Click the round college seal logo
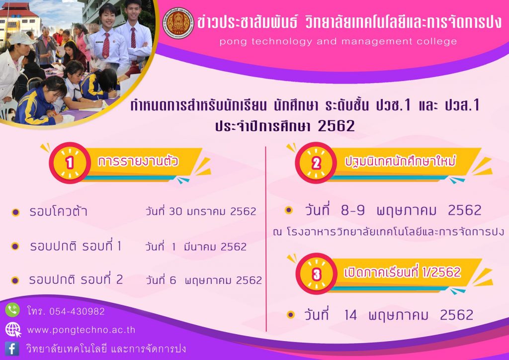coord(178,23)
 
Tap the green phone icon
coord(12,310)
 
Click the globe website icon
coord(13,330)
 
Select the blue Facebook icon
coord(12,349)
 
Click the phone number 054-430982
coord(77,312)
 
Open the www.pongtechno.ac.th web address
coord(81,330)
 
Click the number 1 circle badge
coord(70,163)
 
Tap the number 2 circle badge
coord(316,163)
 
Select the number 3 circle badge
coord(317,273)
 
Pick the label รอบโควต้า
coord(58,211)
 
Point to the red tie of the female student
coord(106,45)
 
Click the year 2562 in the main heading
coord(337,126)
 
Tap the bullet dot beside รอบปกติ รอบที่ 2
coord(15,280)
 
